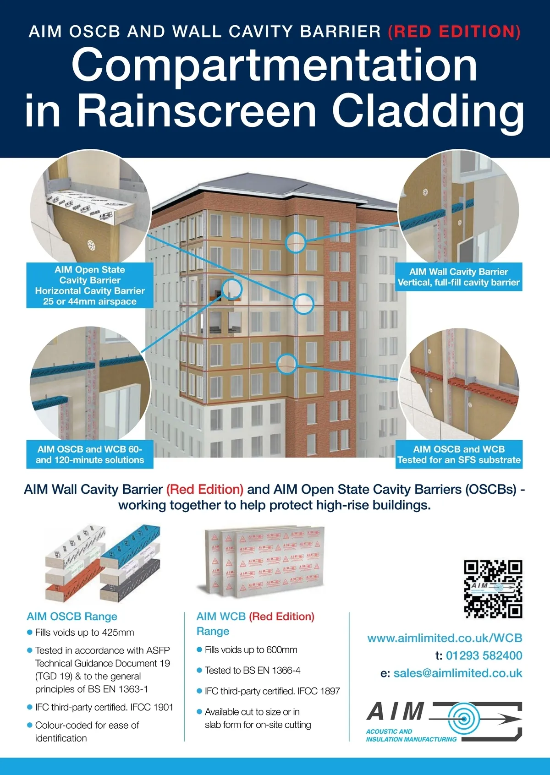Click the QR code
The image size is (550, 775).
(493, 589)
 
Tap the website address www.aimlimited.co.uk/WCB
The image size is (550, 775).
(445, 638)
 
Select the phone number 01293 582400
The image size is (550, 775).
(484, 655)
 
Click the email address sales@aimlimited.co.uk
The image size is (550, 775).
(457, 673)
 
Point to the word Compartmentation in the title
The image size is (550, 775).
(274, 65)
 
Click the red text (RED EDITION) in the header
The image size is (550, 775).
(454, 32)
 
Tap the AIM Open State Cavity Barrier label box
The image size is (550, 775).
(90, 285)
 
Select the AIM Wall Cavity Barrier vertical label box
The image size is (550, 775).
(458, 277)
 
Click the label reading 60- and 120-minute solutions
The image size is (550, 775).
(90, 454)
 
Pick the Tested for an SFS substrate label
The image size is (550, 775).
(459, 454)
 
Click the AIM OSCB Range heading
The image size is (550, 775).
(72, 617)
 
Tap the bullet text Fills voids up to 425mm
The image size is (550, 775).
(84, 633)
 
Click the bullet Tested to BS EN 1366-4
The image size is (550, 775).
(252, 671)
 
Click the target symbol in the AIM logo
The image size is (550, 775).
(463, 719)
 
